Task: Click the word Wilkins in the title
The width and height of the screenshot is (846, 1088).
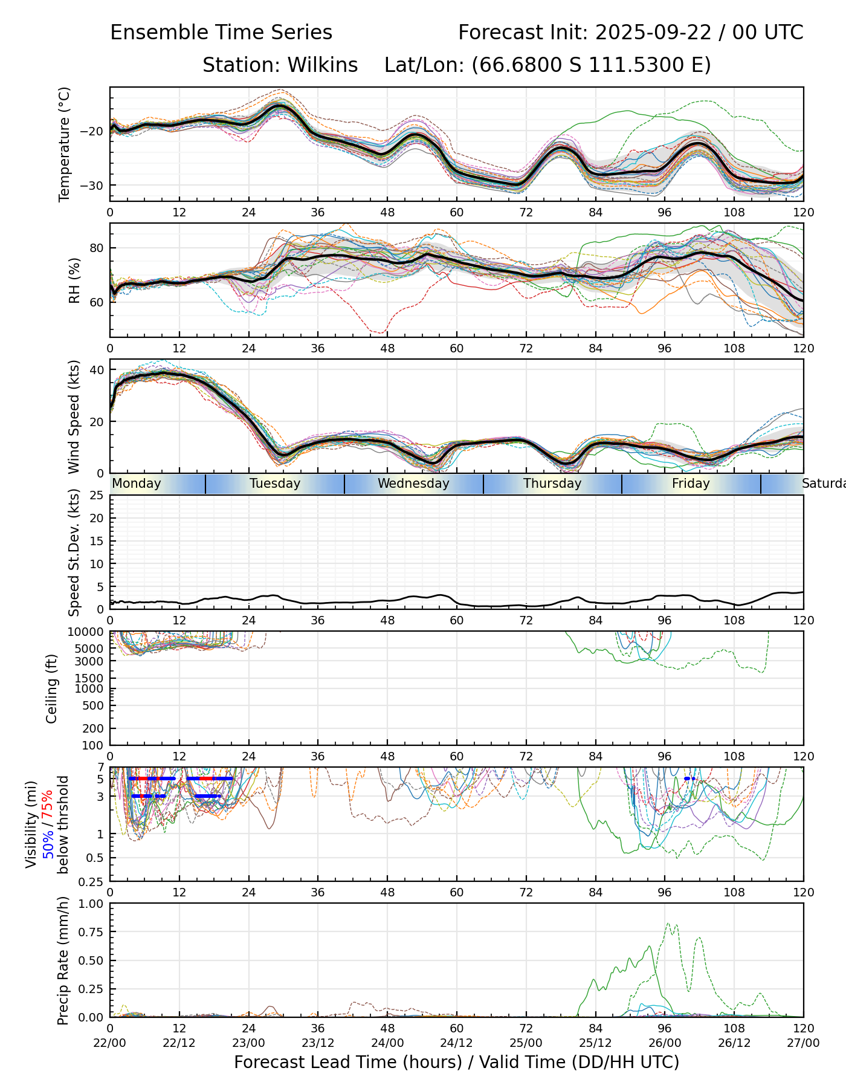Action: coord(322,65)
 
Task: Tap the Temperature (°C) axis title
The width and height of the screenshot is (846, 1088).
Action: coord(64,144)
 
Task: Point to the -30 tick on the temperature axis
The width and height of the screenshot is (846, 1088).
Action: coord(97,186)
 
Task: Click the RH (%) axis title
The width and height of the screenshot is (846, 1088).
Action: coord(74,280)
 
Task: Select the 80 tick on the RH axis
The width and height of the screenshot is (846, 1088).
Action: coord(97,248)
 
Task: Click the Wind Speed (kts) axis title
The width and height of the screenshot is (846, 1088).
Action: coord(74,416)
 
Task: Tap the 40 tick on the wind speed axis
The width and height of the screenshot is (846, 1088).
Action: coord(97,370)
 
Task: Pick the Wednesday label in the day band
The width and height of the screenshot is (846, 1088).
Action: coord(413,484)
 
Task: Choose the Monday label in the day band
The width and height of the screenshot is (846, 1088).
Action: coord(137,484)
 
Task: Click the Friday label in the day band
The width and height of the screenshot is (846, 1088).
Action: coord(691,484)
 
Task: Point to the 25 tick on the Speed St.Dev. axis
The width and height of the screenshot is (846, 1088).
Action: coord(97,496)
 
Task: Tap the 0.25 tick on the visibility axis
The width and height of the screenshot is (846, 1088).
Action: coord(92,881)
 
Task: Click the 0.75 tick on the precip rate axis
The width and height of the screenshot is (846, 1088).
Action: coord(92,932)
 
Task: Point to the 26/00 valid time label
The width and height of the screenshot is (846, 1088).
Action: coord(665,1043)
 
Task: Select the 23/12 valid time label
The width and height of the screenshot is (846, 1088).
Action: coord(318,1043)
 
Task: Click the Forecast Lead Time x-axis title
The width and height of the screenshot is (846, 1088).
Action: coord(456,1062)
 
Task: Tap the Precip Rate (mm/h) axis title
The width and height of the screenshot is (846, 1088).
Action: coord(63,960)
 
